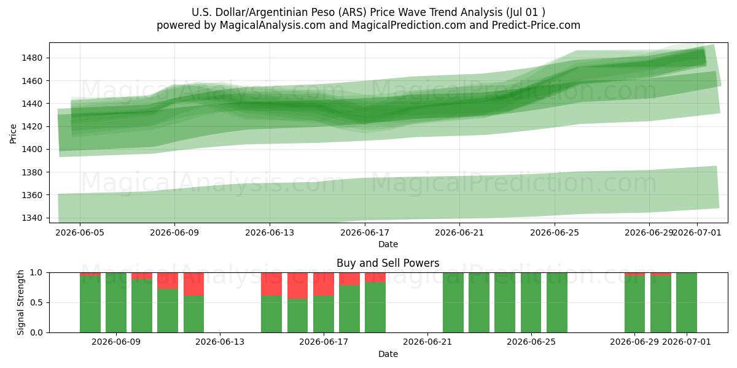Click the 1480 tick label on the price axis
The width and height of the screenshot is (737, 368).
coord(32,58)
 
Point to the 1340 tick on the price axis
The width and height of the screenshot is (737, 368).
coord(32,218)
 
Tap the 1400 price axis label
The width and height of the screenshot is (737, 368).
coord(32,150)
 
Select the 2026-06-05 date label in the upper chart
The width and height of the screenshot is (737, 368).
coord(80,232)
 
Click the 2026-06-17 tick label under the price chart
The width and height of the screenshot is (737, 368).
coord(365,232)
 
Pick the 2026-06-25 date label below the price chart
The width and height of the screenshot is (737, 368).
coord(555,232)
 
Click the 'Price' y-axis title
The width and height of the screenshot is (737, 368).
coord(13,134)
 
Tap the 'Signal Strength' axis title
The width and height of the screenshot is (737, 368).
coord(20,302)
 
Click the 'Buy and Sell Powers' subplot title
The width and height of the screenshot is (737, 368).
coord(388,263)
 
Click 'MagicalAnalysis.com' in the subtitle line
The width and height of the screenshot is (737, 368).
coord(273,25)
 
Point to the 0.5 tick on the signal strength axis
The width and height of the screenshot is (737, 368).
coord(36,302)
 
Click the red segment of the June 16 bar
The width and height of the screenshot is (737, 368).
coord(297,286)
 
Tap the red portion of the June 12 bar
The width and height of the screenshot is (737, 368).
coord(194,284)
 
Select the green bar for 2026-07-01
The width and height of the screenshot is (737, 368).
coord(687,302)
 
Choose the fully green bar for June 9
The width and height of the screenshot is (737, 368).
coord(116,302)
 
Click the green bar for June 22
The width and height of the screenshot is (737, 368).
coord(453,302)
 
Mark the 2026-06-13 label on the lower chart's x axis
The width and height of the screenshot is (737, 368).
coord(220,342)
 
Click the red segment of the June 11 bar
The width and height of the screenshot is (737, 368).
coord(168,281)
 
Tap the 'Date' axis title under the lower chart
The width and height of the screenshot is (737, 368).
coord(388,355)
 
